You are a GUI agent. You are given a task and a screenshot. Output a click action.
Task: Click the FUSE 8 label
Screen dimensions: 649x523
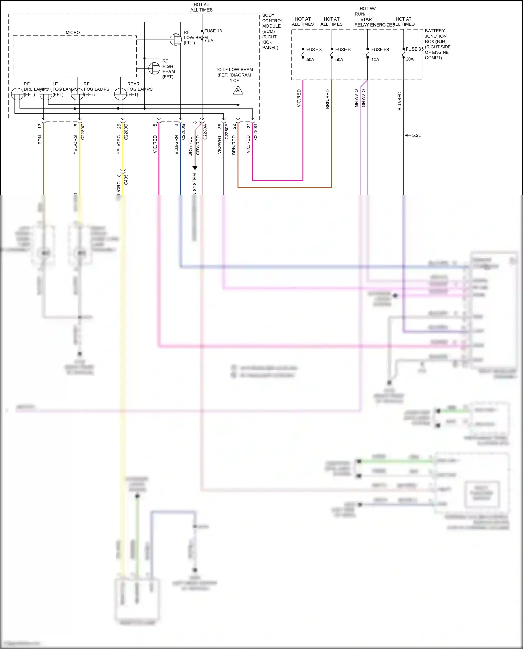point(314,50)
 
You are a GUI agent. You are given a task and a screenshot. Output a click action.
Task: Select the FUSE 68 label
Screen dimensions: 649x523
point(380,50)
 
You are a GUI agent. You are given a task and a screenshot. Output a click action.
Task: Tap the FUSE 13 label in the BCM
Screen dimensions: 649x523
point(213,31)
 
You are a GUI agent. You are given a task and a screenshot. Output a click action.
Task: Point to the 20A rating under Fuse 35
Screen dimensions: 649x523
point(410,59)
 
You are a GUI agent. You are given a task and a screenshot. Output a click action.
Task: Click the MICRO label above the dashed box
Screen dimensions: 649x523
point(73,33)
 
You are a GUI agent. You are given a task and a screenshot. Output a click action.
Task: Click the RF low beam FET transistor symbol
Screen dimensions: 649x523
point(176,39)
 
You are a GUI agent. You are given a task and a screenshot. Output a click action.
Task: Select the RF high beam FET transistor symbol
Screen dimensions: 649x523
point(154,68)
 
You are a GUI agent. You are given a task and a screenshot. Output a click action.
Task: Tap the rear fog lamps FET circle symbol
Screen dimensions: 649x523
point(120,94)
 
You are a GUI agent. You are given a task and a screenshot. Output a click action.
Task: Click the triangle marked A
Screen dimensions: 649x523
point(238,91)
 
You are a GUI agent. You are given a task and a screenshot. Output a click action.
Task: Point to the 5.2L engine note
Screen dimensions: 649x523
point(416,135)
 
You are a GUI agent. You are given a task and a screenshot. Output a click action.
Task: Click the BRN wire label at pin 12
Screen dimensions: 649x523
point(40,140)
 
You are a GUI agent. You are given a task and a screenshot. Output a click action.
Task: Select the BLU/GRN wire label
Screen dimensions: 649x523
point(176,145)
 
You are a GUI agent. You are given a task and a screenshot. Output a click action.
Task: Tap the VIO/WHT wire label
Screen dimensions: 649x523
point(219,145)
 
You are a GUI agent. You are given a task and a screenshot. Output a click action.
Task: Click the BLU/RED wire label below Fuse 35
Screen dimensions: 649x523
point(400,101)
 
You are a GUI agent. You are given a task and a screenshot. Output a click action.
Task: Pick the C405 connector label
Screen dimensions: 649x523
point(126,180)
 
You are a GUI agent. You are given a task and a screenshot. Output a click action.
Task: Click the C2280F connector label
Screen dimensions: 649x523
point(227,132)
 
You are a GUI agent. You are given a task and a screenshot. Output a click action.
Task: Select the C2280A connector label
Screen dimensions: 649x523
point(205,132)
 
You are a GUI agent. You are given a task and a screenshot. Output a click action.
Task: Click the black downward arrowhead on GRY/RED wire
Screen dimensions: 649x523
point(195,168)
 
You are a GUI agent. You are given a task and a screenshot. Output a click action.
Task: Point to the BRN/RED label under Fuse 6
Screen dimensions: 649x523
point(327,99)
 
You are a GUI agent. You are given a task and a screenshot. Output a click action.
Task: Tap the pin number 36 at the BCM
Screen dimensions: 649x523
point(220,126)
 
